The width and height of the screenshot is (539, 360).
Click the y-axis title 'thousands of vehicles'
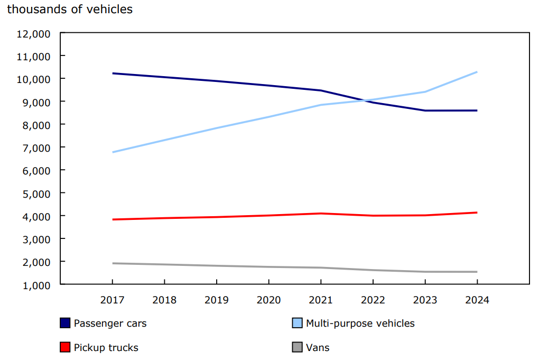coord(70,10)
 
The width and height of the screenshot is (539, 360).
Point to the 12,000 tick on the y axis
coord(33,33)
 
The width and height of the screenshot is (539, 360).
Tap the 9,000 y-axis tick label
coord(35,102)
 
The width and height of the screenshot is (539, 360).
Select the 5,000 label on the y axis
coord(35,193)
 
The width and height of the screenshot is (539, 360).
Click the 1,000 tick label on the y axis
coord(35,285)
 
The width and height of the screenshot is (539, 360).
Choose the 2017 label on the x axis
coord(113,300)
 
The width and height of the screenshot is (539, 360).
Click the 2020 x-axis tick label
coord(268,300)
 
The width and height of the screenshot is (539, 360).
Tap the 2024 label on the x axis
coord(477,300)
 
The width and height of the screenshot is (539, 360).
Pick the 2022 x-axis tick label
coord(373,300)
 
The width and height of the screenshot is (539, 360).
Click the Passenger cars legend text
coord(110,324)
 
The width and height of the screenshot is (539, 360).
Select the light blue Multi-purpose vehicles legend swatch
coord(297,323)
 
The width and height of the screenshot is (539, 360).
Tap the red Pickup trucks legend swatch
coord(65,347)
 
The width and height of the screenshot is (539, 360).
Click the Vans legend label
coord(318,348)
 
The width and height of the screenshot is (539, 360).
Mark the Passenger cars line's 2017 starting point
coord(113,73)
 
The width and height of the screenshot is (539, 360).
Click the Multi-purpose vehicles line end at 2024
coord(477,72)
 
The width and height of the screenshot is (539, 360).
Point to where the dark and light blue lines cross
coord(366,100)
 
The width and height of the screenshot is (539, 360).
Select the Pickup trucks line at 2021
coord(321,214)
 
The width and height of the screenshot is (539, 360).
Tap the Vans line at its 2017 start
coord(113,263)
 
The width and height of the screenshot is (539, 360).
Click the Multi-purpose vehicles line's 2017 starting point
coord(113,152)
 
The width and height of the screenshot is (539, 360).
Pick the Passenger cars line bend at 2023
coord(425,110)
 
